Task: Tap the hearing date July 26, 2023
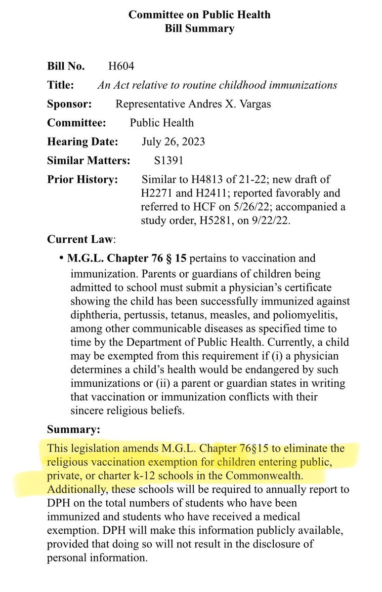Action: [x=173, y=142]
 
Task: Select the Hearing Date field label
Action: [x=83, y=142]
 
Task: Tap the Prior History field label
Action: [x=83, y=179]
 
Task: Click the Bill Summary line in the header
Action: [x=199, y=28]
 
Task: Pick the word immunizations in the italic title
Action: [x=302, y=85]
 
